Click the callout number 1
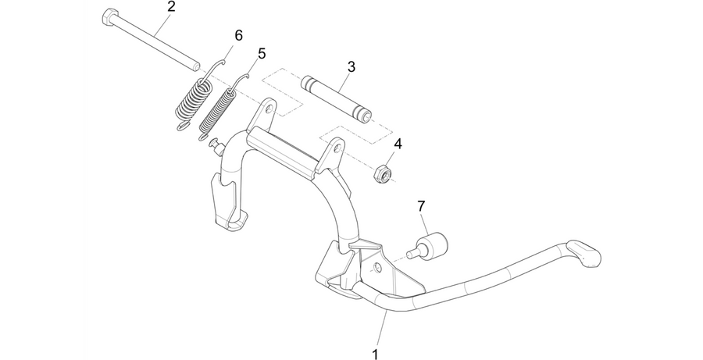pyautogui.click(x=375, y=354)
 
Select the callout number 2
pyautogui.click(x=171, y=7)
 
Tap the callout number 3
pyautogui.click(x=351, y=67)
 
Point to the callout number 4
pyautogui.click(x=398, y=144)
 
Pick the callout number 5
pyautogui.click(x=262, y=54)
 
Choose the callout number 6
pyautogui.click(x=238, y=35)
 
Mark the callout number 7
pyautogui.click(x=421, y=206)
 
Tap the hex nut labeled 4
pyautogui.click(x=381, y=172)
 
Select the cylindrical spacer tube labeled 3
pyautogui.click(x=336, y=99)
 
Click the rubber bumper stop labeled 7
pyautogui.click(x=428, y=248)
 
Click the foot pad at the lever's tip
pyautogui.click(x=584, y=255)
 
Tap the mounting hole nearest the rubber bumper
pyautogui.click(x=378, y=268)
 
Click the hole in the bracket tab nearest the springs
pyautogui.click(x=269, y=109)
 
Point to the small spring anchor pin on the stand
pyautogui.click(x=216, y=146)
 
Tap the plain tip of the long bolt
pyautogui.click(x=195, y=66)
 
